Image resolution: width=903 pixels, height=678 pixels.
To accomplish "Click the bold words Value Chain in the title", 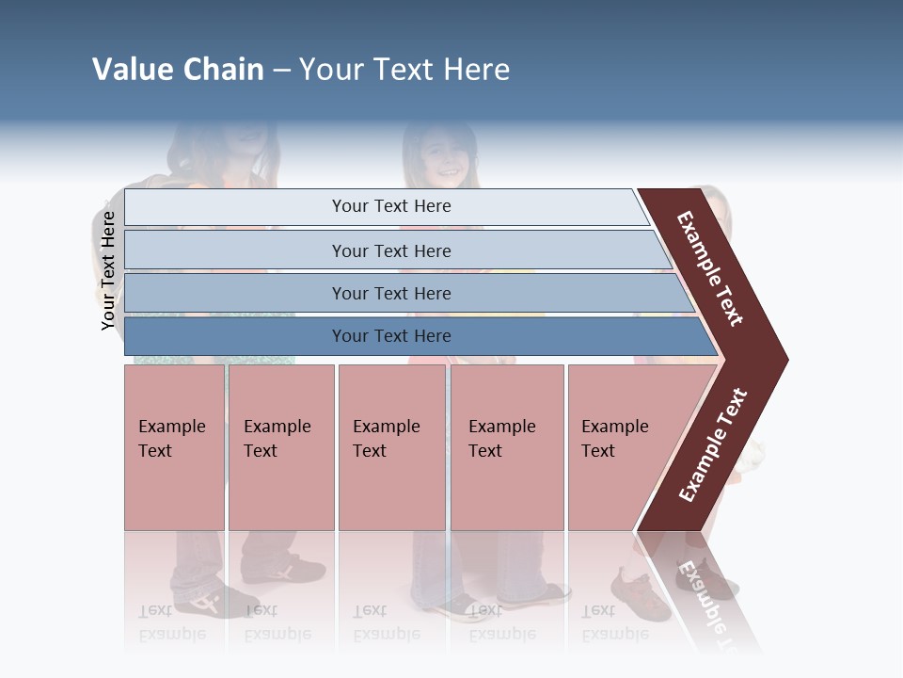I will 178,70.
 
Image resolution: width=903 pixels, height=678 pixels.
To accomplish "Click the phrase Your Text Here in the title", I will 404,70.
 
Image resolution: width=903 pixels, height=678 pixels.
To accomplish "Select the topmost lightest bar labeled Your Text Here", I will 390,206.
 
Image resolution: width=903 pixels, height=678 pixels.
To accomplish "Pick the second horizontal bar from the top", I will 390,250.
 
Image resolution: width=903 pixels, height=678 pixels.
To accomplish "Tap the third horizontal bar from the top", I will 390,293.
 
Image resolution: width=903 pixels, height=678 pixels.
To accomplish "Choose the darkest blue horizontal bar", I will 390,336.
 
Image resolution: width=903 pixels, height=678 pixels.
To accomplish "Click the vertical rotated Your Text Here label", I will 108,270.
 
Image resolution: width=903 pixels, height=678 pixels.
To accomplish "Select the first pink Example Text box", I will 174,447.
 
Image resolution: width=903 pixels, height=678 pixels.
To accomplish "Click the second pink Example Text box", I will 280,447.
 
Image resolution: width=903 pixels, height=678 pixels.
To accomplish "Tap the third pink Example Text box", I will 390,447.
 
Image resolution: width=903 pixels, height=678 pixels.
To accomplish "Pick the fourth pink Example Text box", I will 506,447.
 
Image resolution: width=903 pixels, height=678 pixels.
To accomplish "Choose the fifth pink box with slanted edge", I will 621,447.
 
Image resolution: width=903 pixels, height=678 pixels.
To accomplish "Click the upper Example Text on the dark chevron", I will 710,268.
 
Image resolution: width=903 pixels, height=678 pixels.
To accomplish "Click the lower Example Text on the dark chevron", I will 713,445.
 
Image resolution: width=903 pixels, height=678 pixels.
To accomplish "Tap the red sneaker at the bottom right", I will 640,593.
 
